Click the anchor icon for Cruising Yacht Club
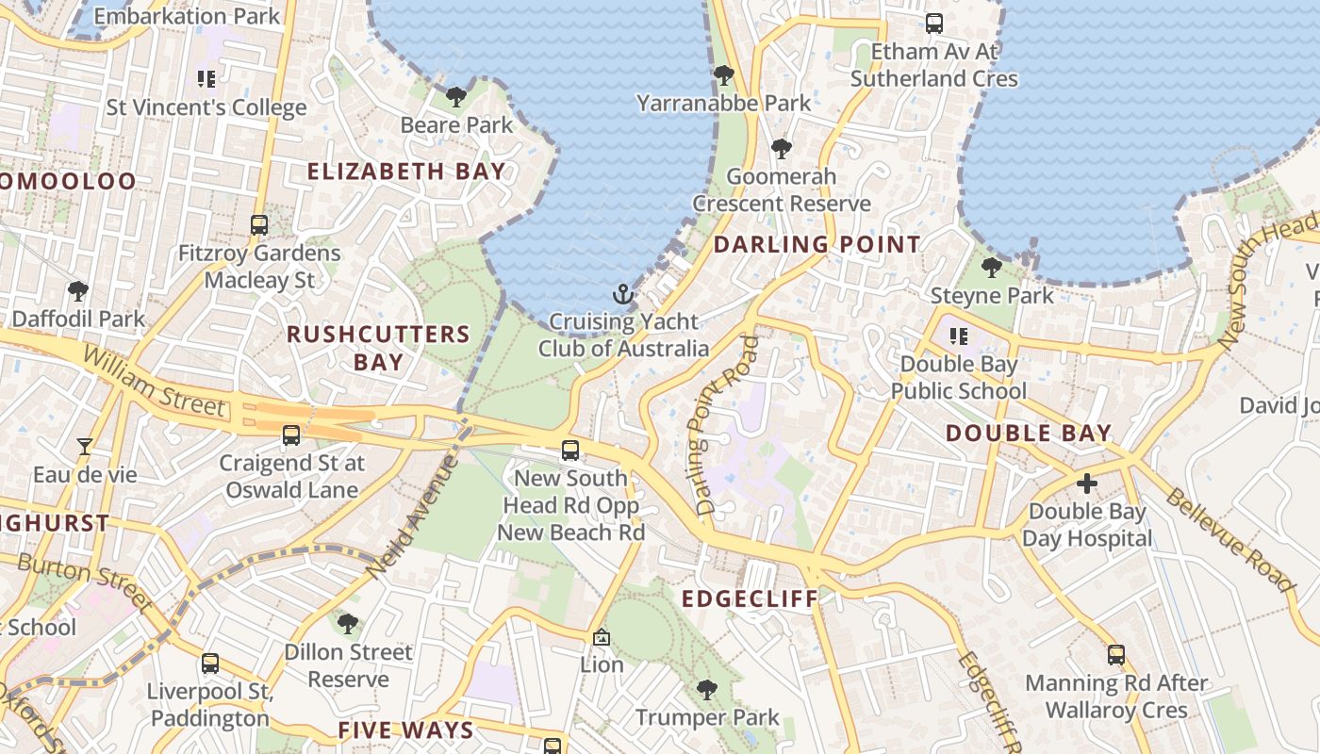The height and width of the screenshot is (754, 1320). point(622,294)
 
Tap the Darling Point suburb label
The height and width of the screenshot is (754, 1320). point(817,245)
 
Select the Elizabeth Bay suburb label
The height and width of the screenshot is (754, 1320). point(406,172)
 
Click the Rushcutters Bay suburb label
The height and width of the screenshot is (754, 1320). point(378,348)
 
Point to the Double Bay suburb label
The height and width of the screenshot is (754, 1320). point(1029,434)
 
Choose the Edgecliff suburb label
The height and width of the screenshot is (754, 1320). point(751,599)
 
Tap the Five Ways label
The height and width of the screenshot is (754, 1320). point(405,730)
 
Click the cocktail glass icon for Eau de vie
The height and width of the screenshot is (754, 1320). point(85,446)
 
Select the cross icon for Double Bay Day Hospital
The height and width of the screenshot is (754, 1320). point(1087,484)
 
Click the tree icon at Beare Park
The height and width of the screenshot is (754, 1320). point(456,96)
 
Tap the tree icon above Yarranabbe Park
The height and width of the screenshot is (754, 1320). point(723,74)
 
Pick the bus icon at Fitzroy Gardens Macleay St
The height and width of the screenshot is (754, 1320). point(259,225)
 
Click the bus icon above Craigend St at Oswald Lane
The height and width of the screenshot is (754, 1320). point(291,434)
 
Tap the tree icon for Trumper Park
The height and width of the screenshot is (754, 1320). point(707,690)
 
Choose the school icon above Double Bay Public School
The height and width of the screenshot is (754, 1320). point(959,336)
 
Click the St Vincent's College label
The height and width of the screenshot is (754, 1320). point(206,107)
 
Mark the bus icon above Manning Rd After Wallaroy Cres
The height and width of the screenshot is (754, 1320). point(1116,654)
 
